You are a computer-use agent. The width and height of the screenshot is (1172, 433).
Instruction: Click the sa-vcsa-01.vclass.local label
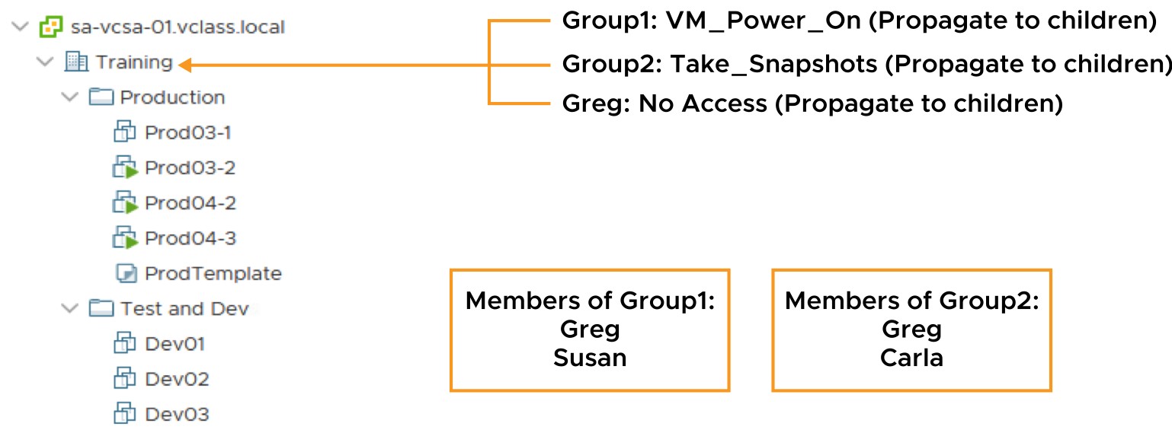(178, 27)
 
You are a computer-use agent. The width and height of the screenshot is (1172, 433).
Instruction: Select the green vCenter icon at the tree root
(51, 27)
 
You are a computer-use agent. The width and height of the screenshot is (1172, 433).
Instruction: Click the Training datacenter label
(134, 62)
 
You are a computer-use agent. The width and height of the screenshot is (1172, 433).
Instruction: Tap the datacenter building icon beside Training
(76, 62)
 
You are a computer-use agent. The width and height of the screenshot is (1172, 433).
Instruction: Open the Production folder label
(173, 97)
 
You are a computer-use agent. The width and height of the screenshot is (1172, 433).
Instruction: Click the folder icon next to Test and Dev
(101, 308)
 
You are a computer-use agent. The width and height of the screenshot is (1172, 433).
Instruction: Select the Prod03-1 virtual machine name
(187, 132)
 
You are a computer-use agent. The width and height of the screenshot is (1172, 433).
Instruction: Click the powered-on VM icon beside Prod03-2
(125, 167)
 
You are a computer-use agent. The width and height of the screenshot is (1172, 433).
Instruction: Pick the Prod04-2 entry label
(191, 202)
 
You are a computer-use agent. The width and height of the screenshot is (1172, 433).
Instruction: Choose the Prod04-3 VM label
(191, 238)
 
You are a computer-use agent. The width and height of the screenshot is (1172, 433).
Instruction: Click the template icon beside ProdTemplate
(126, 273)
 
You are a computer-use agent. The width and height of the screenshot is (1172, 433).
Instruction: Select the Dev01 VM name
(175, 344)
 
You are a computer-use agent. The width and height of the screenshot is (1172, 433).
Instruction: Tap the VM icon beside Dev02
(124, 378)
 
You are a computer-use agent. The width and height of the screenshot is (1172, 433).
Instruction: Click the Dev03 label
(177, 414)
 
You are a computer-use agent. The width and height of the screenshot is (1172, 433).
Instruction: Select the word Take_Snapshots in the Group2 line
(773, 65)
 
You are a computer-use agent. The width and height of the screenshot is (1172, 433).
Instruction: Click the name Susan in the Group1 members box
(590, 358)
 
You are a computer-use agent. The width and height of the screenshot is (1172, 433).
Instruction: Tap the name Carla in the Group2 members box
(911, 358)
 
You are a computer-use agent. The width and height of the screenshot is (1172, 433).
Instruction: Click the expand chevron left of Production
(69, 97)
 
